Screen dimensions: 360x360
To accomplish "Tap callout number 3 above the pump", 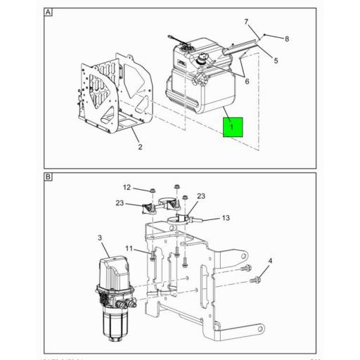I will (x=101, y=239).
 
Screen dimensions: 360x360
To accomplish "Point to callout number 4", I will (x=270, y=261).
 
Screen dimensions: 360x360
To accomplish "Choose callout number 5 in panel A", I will (x=275, y=60).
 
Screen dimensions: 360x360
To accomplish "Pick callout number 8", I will (x=287, y=39).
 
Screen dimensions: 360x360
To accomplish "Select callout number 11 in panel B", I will (x=129, y=249).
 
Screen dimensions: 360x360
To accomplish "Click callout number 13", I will (x=225, y=218).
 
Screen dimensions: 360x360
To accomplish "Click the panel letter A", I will (x=49, y=13).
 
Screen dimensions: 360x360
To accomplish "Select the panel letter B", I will (x=49, y=177).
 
